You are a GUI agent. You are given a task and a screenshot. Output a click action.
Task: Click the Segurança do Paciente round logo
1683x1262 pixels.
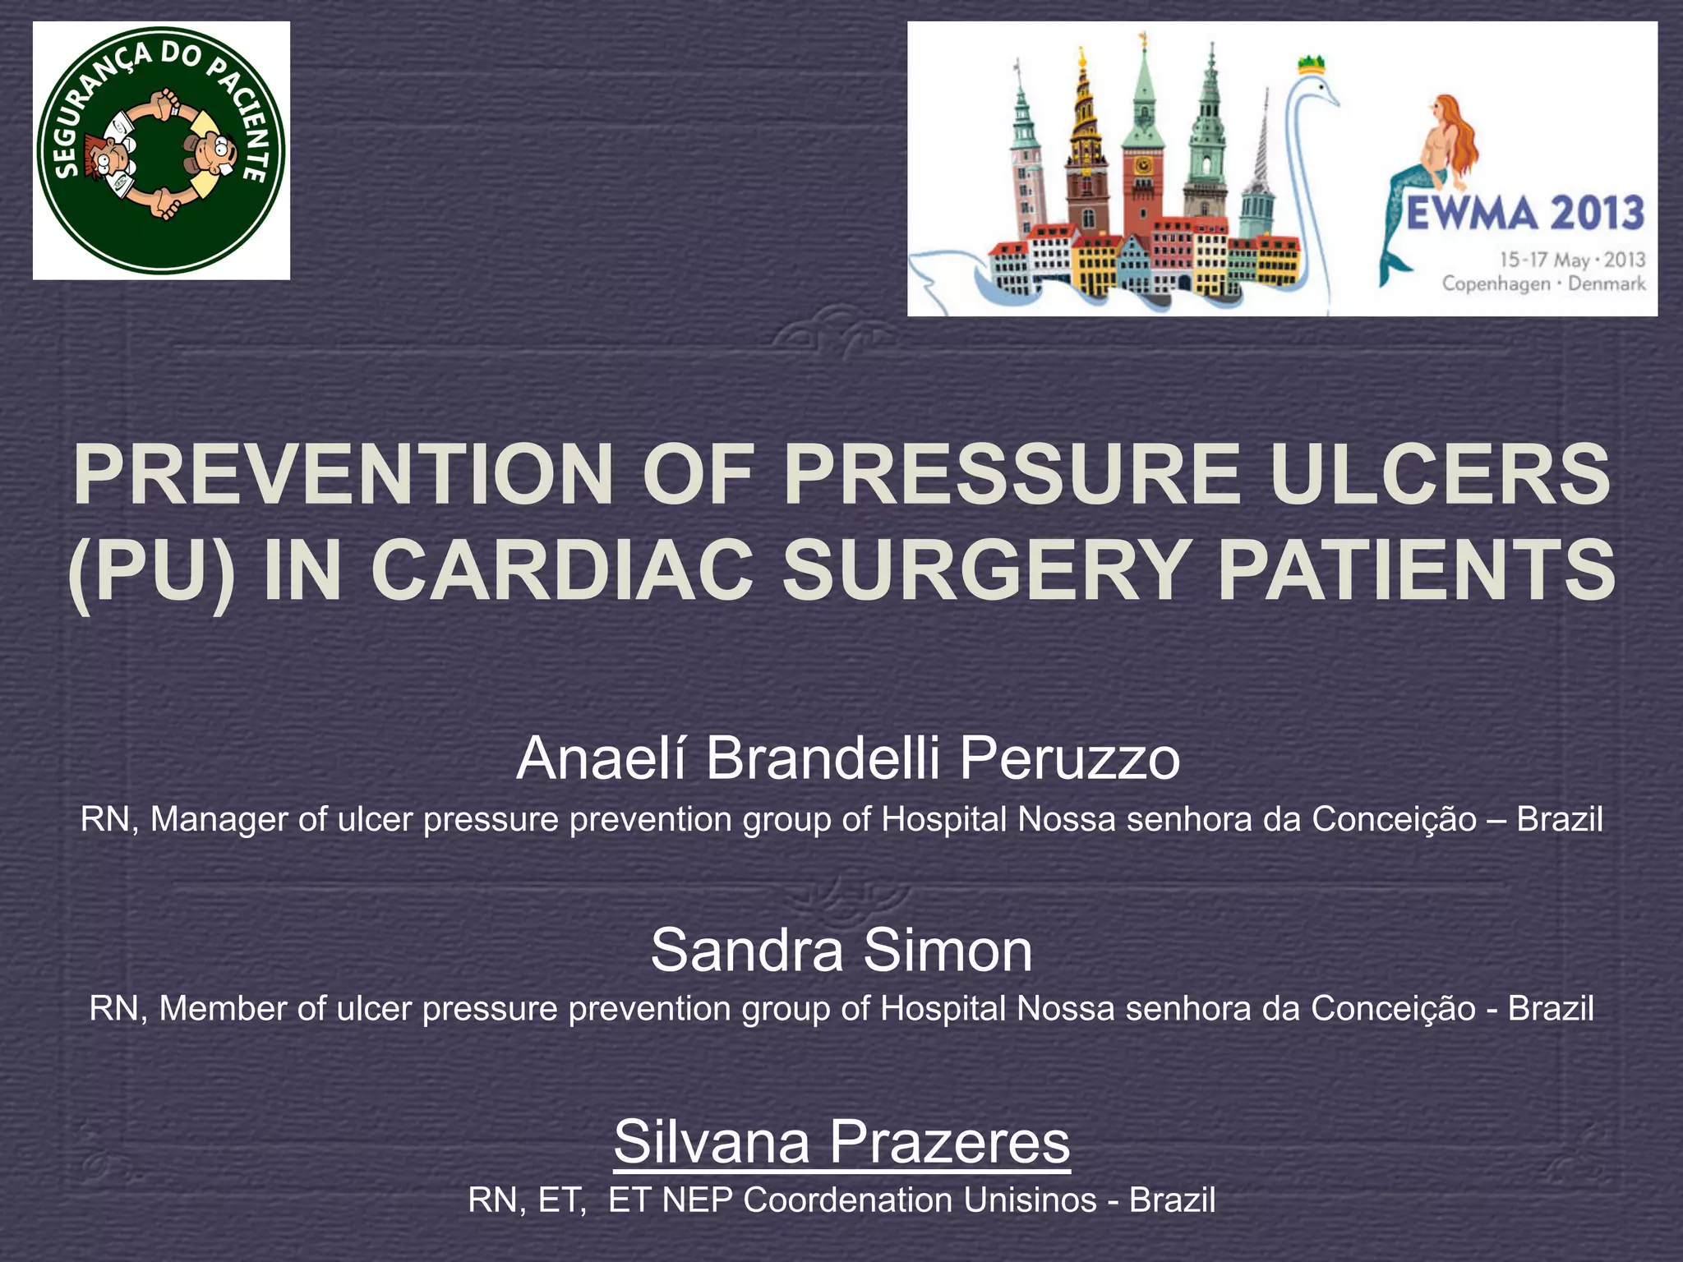click(161, 150)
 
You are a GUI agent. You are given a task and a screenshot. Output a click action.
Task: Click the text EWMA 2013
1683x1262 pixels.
click(1525, 214)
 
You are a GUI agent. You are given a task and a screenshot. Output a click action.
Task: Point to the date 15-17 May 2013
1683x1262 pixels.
click(1572, 260)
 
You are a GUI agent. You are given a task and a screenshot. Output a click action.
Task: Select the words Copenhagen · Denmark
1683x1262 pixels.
click(1544, 284)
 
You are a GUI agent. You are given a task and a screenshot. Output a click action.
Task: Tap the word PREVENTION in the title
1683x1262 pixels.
click(344, 475)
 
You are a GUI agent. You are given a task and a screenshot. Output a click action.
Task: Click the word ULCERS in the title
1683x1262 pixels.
click(1440, 475)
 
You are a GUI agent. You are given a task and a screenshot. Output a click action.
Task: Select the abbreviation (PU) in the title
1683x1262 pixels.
click(151, 570)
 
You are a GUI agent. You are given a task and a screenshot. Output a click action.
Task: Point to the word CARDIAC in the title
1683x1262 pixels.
click(562, 570)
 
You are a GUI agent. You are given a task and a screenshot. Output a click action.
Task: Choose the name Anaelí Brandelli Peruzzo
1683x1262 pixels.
click(848, 758)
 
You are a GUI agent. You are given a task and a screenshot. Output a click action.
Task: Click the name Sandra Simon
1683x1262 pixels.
click(841, 950)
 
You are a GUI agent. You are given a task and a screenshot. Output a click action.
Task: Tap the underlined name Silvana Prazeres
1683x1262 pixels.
click(841, 1140)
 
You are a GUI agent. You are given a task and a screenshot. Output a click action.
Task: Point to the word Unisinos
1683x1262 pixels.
click(1031, 1200)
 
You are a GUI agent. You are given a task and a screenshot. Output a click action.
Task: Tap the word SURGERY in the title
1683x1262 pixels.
click(984, 570)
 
